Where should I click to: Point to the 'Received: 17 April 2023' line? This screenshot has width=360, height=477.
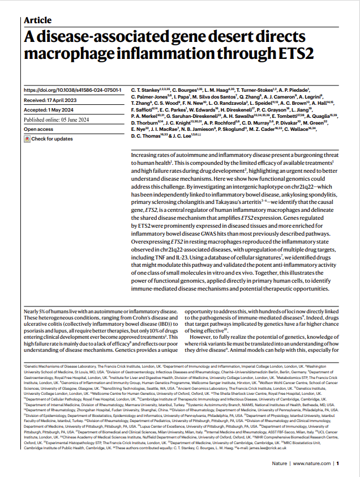[x=50, y=100]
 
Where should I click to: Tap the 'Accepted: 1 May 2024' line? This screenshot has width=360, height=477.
[x=48, y=110]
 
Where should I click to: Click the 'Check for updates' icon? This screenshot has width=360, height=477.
[x=27, y=139]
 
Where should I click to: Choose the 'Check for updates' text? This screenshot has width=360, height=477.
[x=52, y=139]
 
